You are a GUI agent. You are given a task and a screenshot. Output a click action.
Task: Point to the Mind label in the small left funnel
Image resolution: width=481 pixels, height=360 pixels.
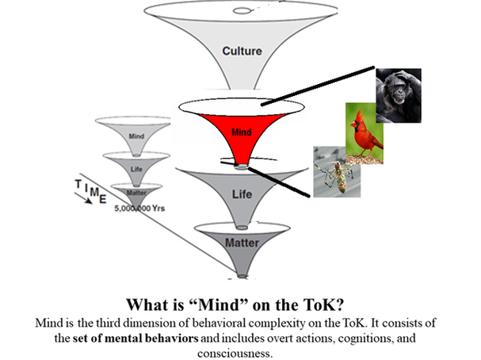point(136,136)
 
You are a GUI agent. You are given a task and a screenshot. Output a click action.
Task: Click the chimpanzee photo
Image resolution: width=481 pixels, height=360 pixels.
point(399,93)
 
